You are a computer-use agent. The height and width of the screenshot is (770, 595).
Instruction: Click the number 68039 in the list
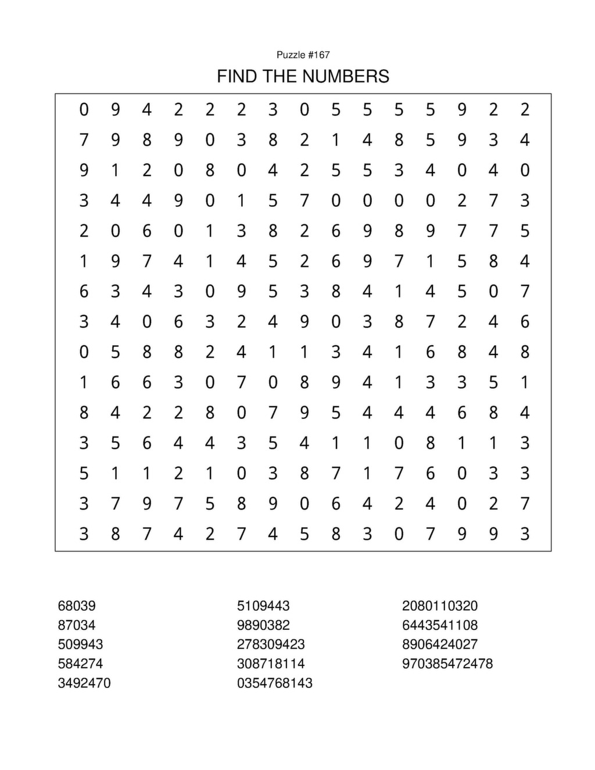77,606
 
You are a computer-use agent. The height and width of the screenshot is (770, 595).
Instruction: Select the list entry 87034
77,625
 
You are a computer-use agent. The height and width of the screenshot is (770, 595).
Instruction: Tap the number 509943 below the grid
80,644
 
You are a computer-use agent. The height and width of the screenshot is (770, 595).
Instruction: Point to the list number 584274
80,664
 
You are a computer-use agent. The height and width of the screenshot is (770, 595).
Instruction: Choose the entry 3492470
84,683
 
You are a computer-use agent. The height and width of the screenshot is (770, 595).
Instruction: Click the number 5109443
263,606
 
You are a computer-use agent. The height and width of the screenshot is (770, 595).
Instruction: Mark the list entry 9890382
263,625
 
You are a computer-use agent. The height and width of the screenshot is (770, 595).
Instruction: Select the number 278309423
271,644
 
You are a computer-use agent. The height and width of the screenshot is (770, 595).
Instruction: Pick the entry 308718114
271,664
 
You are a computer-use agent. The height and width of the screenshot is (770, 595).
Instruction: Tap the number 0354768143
275,683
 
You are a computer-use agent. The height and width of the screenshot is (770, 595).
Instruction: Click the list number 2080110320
440,606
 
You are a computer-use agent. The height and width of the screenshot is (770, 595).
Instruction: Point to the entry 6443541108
440,625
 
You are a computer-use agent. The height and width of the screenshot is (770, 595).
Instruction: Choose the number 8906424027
440,644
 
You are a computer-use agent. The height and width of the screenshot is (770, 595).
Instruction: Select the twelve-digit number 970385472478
447,664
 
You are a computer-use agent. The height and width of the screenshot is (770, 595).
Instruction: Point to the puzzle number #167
318,55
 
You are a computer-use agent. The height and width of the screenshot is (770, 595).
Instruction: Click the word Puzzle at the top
291,55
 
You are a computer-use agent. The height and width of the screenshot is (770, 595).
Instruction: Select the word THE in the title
279,76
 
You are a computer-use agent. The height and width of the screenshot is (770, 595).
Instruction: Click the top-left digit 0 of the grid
84,109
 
